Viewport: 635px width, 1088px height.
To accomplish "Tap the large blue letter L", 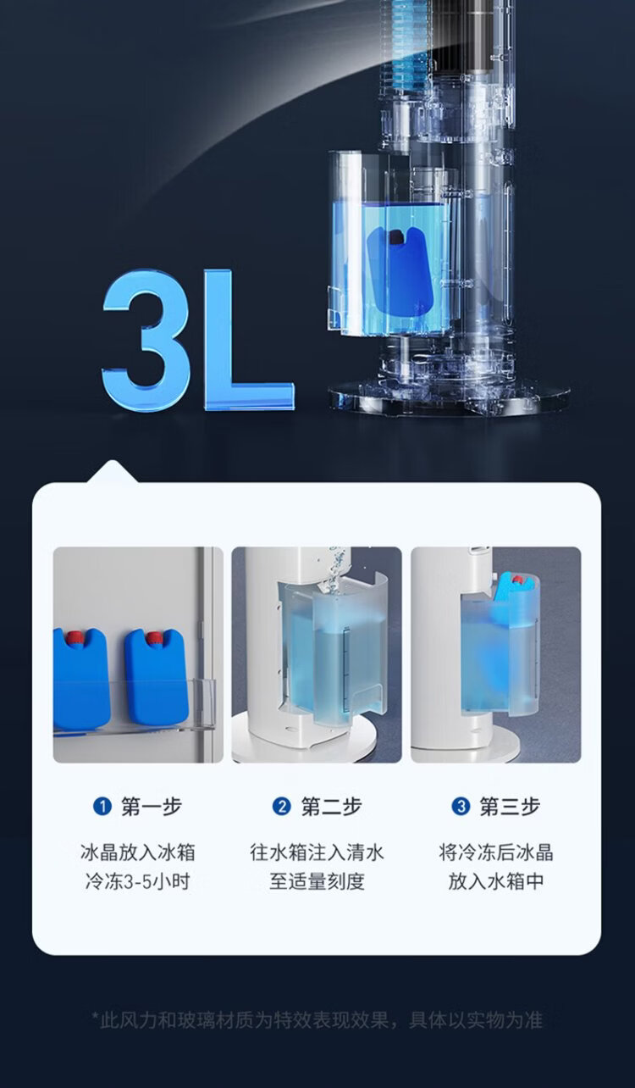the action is click(243, 340).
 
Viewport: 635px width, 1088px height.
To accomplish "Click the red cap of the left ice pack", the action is click(75, 637).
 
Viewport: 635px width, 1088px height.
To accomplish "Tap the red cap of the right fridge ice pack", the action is click(154, 638).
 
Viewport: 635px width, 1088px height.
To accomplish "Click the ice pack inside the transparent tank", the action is click(400, 270).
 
